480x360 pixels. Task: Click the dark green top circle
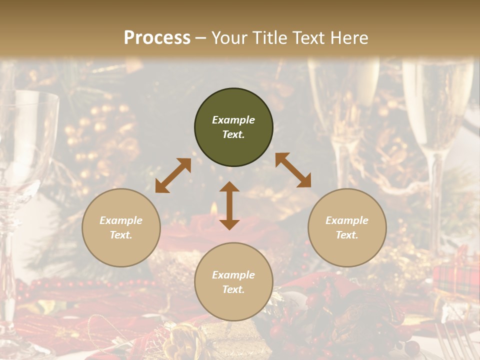(233, 127)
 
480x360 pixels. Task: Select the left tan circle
(121, 227)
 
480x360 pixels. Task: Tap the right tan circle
(347, 227)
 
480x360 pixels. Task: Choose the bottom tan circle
(233, 281)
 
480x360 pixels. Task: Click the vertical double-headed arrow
(229, 205)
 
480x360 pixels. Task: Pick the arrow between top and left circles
(173, 175)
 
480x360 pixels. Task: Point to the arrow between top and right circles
(293, 170)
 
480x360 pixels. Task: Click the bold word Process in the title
(157, 37)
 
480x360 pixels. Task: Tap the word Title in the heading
(271, 37)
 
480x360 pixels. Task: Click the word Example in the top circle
(233, 120)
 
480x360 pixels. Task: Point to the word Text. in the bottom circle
(233, 289)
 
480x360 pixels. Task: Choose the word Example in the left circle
(121, 220)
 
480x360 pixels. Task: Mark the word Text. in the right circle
(347, 235)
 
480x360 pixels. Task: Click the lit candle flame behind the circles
(213, 208)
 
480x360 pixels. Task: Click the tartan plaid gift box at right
(455, 277)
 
